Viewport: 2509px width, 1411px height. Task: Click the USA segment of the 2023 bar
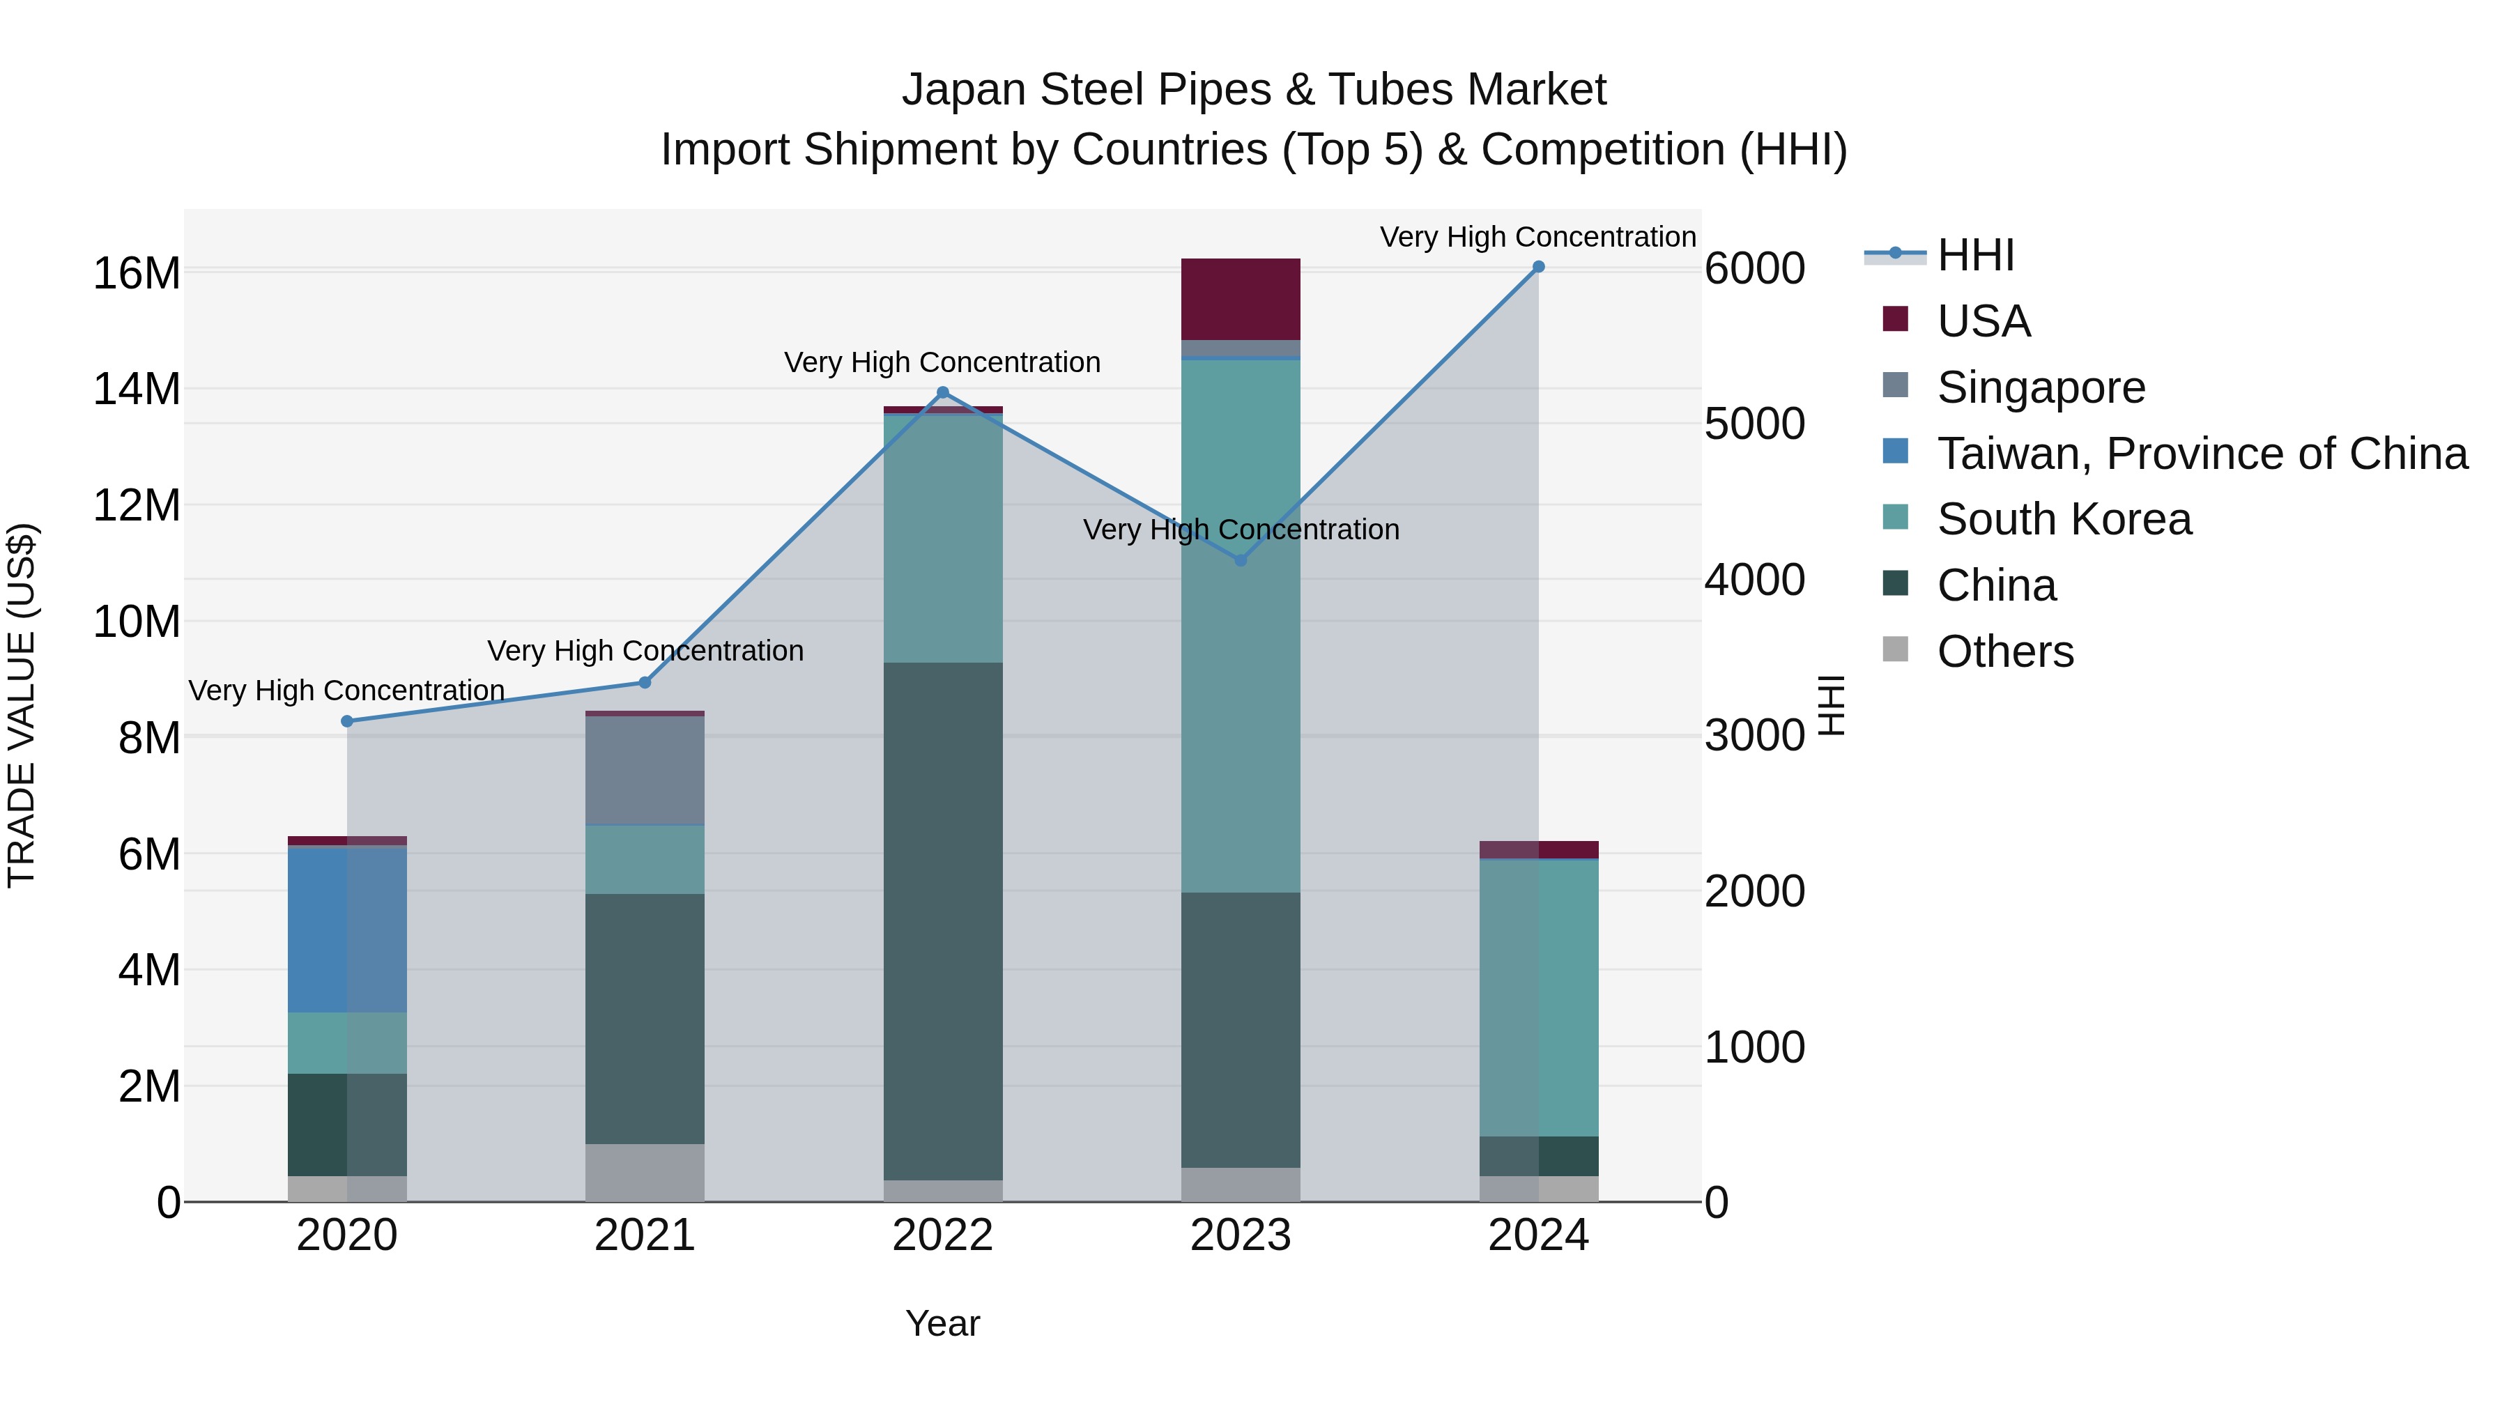[1240, 299]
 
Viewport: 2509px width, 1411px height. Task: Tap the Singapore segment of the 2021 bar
[644, 769]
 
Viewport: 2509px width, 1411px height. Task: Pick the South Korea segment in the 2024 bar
[1538, 997]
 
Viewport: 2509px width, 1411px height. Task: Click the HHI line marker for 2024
[1538, 267]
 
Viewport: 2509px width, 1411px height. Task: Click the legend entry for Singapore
[2041, 387]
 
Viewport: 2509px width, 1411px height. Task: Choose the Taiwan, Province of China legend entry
[2201, 453]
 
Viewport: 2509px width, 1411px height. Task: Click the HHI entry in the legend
[1975, 255]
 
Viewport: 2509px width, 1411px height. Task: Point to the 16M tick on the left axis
[137, 272]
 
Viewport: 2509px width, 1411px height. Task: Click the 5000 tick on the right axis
[1754, 424]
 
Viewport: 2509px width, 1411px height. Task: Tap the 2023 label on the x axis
[1240, 1235]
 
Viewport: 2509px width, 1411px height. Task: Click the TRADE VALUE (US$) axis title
[22, 705]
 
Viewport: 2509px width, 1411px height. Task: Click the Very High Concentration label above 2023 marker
[1240, 530]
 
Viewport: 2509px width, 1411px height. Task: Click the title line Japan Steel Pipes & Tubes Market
[1254, 90]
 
